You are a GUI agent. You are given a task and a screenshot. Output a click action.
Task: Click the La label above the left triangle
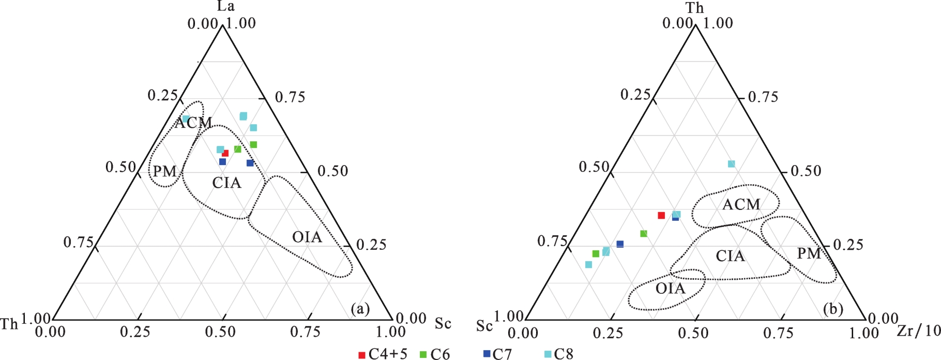225,6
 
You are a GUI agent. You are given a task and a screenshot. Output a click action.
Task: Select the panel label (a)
360,309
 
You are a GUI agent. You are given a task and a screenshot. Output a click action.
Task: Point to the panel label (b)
833,309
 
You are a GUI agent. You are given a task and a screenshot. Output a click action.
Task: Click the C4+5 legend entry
383,354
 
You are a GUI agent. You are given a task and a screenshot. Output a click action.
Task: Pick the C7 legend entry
497,354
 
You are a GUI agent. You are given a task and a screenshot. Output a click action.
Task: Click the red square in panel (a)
225,153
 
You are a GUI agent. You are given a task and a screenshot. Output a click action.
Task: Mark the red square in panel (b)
661,215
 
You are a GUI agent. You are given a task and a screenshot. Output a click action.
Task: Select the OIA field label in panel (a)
307,237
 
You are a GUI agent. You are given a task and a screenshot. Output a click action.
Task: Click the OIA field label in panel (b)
670,289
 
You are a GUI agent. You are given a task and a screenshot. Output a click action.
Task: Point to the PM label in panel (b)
809,253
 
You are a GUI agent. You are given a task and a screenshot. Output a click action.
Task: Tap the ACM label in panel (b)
741,205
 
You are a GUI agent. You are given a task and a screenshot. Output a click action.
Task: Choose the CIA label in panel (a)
226,183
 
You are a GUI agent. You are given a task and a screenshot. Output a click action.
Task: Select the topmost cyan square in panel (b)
731,164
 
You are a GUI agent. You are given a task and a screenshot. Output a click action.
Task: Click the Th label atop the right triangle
694,8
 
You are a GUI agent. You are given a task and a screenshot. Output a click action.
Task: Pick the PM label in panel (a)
165,171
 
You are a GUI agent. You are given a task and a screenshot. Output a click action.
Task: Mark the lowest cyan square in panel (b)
588,265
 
